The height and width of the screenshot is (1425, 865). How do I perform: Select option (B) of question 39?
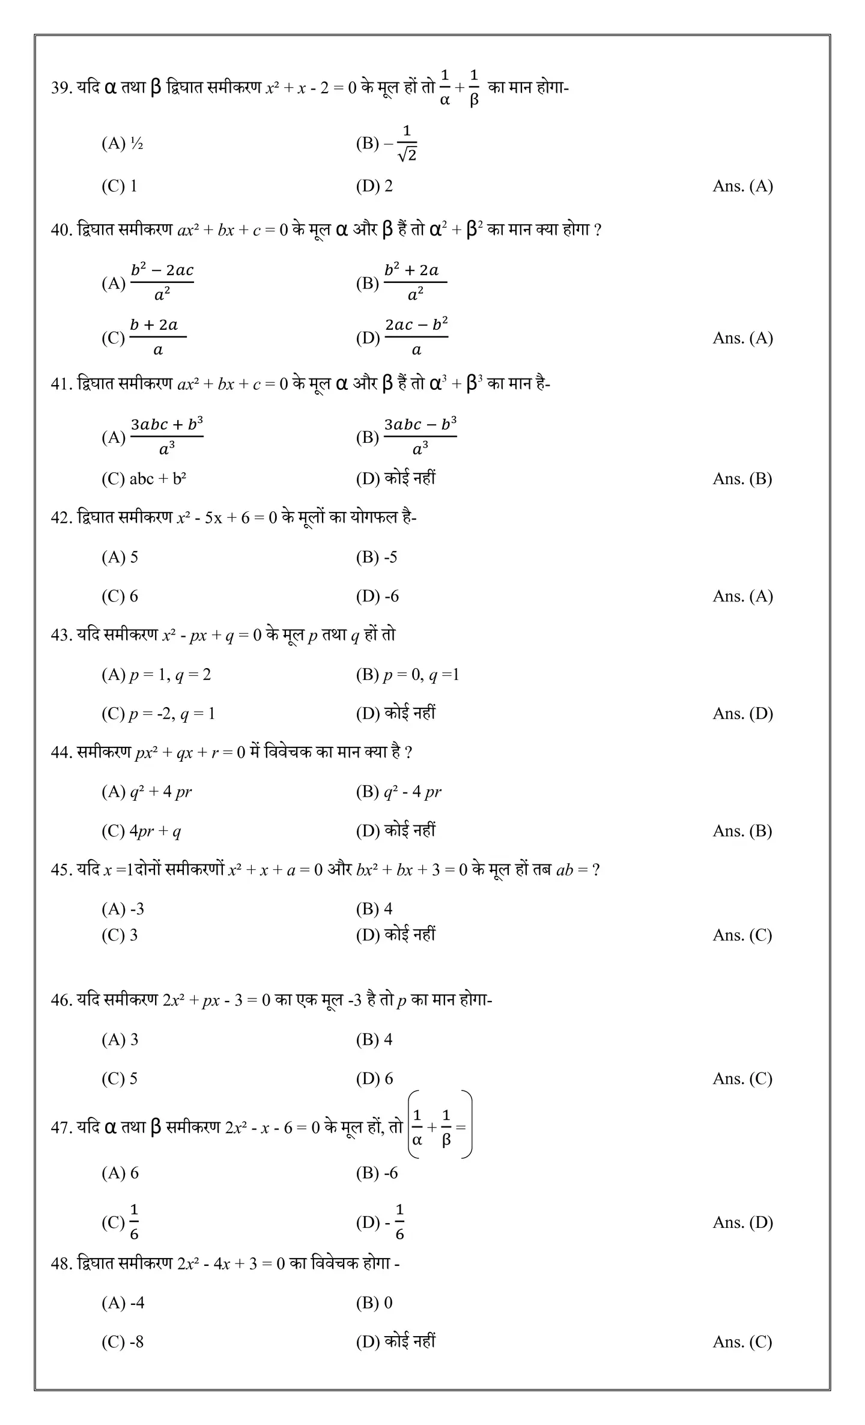tap(386, 144)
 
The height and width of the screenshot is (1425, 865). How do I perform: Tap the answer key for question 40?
tap(742, 338)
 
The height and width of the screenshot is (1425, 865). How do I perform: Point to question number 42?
tap(61, 517)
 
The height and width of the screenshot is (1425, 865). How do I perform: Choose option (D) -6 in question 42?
tap(377, 597)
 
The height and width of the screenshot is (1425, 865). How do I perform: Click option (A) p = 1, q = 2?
tap(156, 675)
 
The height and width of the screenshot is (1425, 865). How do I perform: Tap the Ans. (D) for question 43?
tap(742, 714)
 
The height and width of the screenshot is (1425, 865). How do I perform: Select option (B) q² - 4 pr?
tap(398, 792)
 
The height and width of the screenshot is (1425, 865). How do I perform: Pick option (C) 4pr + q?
tap(141, 831)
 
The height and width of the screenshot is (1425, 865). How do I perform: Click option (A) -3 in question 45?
tap(123, 909)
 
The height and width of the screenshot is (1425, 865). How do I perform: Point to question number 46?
tap(61, 1000)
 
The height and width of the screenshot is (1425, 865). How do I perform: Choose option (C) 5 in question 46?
tap(120, 1079)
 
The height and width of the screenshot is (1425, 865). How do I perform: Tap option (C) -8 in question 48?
tap(123, 1342)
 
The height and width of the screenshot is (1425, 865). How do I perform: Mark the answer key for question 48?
tap(742, 1342)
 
